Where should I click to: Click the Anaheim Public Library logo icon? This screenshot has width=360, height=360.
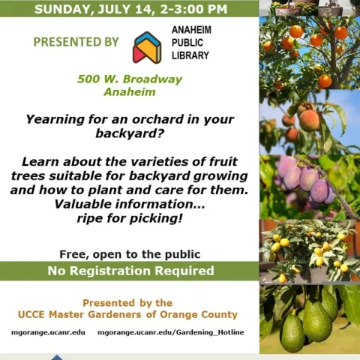(x=147, y=46)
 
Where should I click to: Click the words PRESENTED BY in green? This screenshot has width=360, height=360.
(x=76, y=42)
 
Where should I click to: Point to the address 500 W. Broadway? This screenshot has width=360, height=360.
(x=130, y=79)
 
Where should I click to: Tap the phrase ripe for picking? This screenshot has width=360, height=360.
(x=130, y=218)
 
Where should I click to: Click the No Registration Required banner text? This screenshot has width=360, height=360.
(x=130, y=271)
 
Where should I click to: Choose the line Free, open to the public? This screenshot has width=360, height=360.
(x=130, y=253)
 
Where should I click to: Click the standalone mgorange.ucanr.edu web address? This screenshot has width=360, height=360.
(x=48, y=331)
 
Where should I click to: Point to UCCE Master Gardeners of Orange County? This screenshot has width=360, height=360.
(x=127, y=314)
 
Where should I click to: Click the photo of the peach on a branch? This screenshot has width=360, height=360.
(x=309, y=120)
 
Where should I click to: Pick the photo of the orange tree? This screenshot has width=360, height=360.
(x=309, y=49)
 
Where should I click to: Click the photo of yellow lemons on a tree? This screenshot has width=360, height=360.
(x=309, y=251)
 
